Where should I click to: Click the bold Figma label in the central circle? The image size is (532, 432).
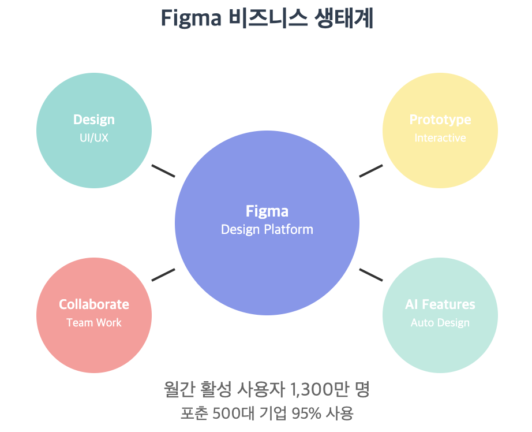click(x=267, y=211)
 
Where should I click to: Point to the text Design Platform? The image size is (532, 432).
click(x=267, y=229)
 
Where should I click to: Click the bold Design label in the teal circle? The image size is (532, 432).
click(x=94, y=120)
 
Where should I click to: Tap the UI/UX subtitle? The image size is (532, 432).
click(x=94, y=138)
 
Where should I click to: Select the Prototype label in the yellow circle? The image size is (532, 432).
click(x=440, y=120)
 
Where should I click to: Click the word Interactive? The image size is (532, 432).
click(x=440, y=138)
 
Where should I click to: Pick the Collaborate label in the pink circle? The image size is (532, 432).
click(x=94, y=304)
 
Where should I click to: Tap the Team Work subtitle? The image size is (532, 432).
click(x=94, y=322)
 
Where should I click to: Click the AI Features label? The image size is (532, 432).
click(x=440, y=304)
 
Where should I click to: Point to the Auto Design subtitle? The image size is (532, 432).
click(x=440, y=322)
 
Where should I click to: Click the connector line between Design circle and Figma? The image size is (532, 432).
click(x=163, y=171)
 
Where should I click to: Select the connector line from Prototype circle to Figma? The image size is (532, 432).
click(x=370, y=171)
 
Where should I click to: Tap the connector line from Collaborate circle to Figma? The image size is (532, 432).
click(x=163, y=275)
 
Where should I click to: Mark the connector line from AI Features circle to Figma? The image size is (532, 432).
click(x=370, y=275)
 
